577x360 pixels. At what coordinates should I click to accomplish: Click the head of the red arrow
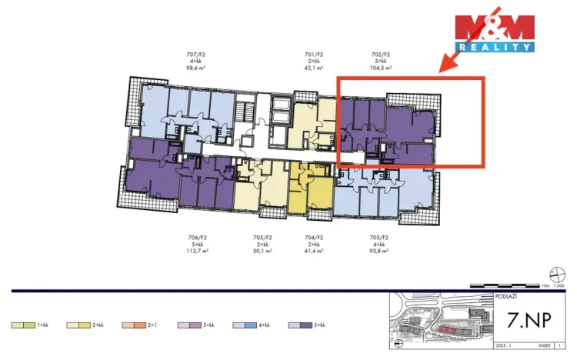pyautogui.click(x=443, y=70)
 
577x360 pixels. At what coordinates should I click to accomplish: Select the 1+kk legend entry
pyautogui.click(x=34, y=325)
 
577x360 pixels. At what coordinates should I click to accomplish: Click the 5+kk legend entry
pyautogui.click(x=312, y=325)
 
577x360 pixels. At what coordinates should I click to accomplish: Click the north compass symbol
pyautogui.click(x=558, y=272)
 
